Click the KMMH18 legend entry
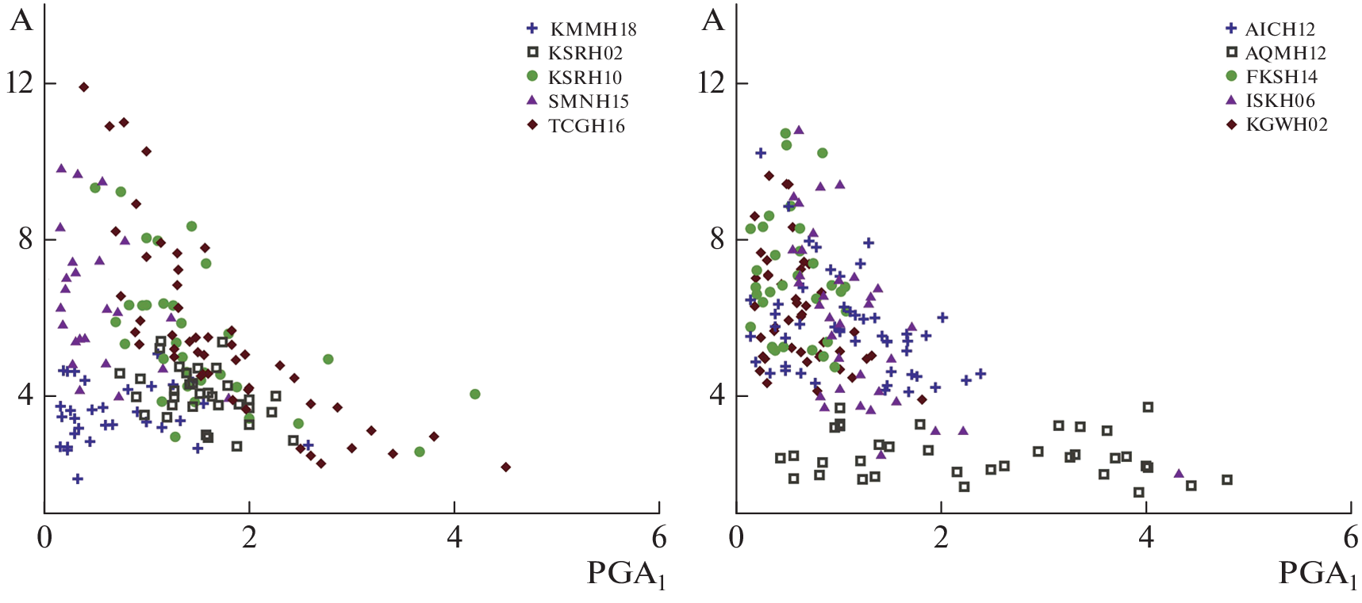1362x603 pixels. pyautogui.click(x=593, y=30)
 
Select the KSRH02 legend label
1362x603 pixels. pyautogui.click(x=585, y=54)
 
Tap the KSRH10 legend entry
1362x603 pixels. pyautogui.click(x=585, y=78)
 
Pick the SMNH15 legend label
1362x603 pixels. pyautogui.click(x=588, y=101)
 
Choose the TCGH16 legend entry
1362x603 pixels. pyautogui.click(x=586, y=126)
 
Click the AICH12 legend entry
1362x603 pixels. pyautogui.click(x=1280, y=30)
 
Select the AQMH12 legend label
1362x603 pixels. pyautogui.click(x=1285, y=54)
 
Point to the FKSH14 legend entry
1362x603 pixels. pyautogui.click(x=1281, y=77)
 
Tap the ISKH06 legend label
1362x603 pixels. pyautogui.click(x=1280, y=101)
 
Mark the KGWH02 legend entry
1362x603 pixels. pyautogui.click(x=1286, y=124)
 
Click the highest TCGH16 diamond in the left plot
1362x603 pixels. pyautogui.click(x=84, y=87)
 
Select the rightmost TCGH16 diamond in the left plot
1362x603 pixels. pyautogui.click(x=506, y=468)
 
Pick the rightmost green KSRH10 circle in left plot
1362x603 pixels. pyautogui.click(x=475, y=394)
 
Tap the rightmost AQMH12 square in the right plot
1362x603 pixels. pyautogui.click(x=1227, y=479)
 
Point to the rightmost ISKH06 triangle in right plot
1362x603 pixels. pyautogui.click(x=1179, y=474)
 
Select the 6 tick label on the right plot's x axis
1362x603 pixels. pyautogui.click(x=1350, y=538)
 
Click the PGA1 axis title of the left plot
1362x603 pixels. pyautogui.click(x=626, y=574)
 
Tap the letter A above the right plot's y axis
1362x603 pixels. pyautogui.click(x=713, y=21)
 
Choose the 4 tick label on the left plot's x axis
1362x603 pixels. pyautogui.click(x=455, y=538)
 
